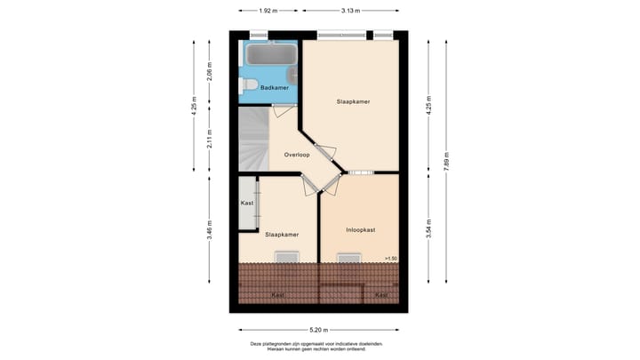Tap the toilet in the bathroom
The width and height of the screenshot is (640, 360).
(x=248, y=85)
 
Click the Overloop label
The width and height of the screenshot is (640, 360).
(x=296, y=155)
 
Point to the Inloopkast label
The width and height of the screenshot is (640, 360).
(x=360, y=229)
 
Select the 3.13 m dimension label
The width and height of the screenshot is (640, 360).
(x=350, y=11)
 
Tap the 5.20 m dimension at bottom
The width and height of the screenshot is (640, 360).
(x=318, y=329)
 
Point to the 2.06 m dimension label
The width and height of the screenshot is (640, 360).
(x=209, y=69)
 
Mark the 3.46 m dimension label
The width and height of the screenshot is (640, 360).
(x=209, y=230)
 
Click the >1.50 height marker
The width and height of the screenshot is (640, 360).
(x=389, y=258)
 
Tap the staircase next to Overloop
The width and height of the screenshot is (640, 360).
(x=252, y=140)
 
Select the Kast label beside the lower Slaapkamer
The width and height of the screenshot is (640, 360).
(x=247, y=204)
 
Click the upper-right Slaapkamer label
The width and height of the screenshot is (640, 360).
(x=352, y=101)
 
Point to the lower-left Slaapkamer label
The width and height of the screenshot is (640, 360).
(x=281, y=235)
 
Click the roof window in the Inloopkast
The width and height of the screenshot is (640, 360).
(x=350, y=259)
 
